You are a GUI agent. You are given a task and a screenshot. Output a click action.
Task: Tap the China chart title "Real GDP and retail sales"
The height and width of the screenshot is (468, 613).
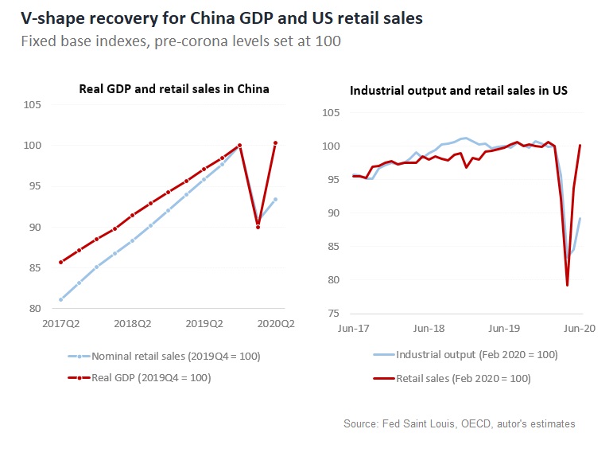point(174,89)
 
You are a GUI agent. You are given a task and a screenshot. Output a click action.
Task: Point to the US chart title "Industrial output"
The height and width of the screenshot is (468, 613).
point(459,91)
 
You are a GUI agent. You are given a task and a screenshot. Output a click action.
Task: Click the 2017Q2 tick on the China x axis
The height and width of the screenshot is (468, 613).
point(61,324)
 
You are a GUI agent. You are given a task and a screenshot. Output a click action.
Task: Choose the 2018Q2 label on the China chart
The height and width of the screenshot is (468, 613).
point(132,324)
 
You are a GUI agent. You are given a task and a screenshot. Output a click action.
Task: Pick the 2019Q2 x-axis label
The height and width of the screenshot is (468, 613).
point(204,324)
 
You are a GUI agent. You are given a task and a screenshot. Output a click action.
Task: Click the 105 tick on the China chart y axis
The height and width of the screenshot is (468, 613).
point(35,104)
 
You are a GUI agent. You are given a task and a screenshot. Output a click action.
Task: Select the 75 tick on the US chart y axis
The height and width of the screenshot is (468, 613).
point(332,314)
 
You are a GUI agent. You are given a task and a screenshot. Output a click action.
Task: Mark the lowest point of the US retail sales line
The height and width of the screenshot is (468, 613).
point(567,285)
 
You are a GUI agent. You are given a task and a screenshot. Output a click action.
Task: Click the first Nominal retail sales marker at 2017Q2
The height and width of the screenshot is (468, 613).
point(61,300)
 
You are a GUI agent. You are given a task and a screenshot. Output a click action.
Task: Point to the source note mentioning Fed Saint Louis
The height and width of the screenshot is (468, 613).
point(459,424)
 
